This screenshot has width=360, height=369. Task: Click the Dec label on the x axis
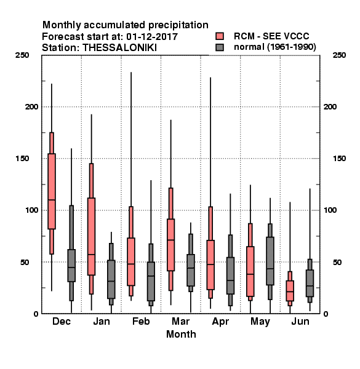(x=62, y=321)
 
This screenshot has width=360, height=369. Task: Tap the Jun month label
(x=300, y=321)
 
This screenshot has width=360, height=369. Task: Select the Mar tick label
(x=180, y=321)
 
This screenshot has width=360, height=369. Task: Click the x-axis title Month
(x=181, y=334)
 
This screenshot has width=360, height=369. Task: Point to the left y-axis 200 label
(x=31, y=106)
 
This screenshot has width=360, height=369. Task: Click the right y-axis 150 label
(x=339, y=159)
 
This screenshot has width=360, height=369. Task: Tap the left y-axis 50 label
(x=25, y=262)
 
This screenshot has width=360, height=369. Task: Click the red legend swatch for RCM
(x=220, y=36)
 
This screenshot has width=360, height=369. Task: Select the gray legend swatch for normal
(x=220, y=47)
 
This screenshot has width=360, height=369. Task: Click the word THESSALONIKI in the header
(x=119, y=48)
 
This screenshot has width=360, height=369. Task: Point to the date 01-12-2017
(x=152, y=36)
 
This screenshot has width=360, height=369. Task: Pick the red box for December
(x=52, y=191)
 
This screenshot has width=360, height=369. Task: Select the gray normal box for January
(x=111, y=279)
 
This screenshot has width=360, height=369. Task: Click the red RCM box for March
(x=170, y=245)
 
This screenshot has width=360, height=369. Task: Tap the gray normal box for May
(x=270, y=261)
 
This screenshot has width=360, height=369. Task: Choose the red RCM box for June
(x=290, y=291)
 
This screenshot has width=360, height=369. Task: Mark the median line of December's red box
(x=52, y=200)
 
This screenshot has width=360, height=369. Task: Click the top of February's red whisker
(x=131, y=73)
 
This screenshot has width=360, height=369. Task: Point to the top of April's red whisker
(x=210, y=77)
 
